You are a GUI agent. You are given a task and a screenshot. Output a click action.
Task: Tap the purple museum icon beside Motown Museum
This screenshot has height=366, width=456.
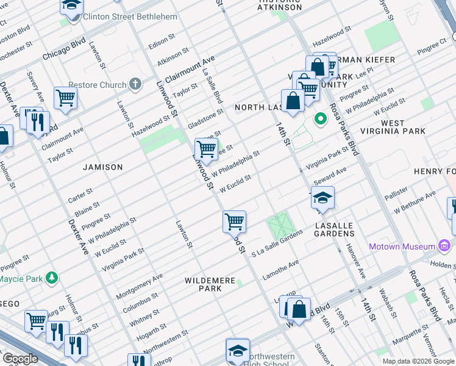[444, 247]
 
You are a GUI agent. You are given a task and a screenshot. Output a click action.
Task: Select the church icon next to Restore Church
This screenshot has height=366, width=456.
[135, 84]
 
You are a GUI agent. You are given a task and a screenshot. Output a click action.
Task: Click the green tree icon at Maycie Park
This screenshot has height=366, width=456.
[53, 279]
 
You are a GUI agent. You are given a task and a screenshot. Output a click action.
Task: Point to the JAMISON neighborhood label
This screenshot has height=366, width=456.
[103, 167]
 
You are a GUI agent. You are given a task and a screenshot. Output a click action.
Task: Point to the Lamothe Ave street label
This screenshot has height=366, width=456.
[280, 270]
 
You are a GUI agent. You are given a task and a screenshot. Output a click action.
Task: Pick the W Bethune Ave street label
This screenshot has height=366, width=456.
[415, 202]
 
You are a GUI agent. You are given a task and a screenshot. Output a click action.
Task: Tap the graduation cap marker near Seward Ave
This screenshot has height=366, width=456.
[322, 198]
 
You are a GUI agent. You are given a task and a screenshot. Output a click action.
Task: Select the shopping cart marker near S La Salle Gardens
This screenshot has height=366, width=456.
[234, 221]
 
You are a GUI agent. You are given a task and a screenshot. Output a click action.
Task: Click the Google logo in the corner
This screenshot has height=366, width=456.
[20, 359]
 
